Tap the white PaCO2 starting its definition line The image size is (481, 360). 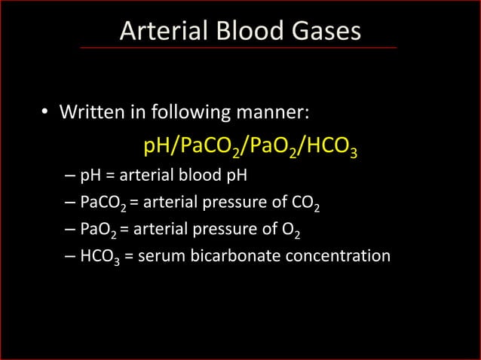click(103, 204)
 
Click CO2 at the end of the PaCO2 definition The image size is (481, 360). click(309, 204)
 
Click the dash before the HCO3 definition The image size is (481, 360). click(69, 256)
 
